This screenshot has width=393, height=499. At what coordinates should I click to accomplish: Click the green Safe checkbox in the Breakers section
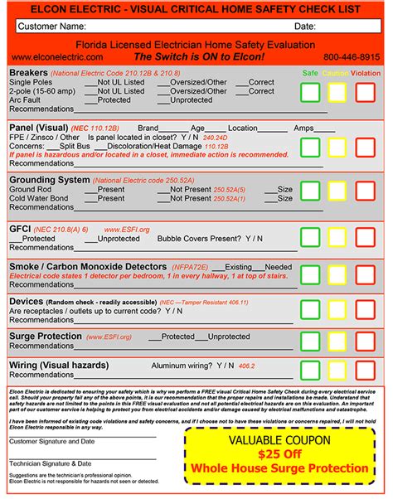311,93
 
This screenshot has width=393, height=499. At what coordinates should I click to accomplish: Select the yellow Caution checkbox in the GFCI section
337,237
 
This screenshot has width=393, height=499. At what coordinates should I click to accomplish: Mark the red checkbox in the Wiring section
365,370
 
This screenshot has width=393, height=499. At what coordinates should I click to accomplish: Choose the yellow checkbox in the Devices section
337,308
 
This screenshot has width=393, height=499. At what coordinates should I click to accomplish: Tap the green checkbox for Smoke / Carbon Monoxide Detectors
311,275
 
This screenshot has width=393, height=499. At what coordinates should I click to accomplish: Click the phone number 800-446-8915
352,57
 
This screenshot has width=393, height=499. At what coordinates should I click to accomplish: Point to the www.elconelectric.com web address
58,57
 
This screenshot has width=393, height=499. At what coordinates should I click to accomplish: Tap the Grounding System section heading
49,179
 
